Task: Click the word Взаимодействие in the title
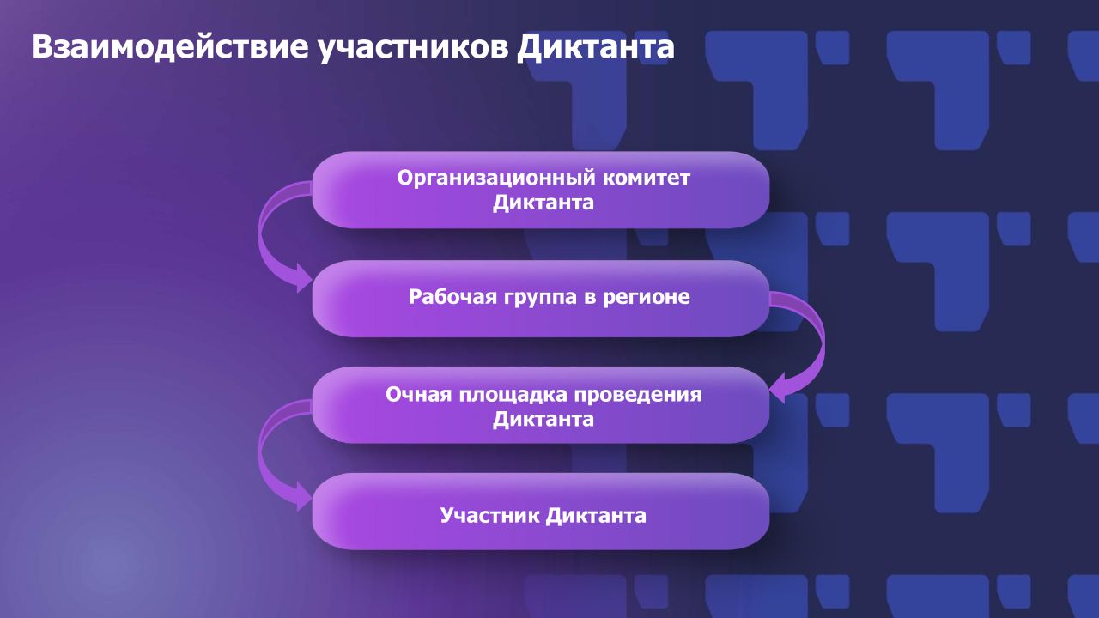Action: point(170,46)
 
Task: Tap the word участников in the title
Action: point(413,48)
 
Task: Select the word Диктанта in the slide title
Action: point(596,48)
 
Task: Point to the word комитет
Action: point(647,178)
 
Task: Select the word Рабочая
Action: point(452,297)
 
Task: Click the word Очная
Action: point(418,394)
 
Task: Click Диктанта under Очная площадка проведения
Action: point(543,420)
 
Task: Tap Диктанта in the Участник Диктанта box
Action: point(595,516)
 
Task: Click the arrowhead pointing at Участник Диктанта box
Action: point(304,497)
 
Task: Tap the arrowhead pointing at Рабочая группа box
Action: point(304,279)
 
